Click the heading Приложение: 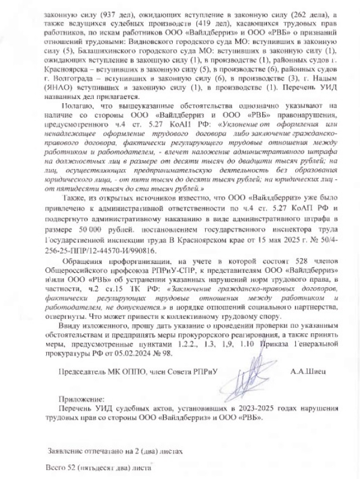pos(82,399)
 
